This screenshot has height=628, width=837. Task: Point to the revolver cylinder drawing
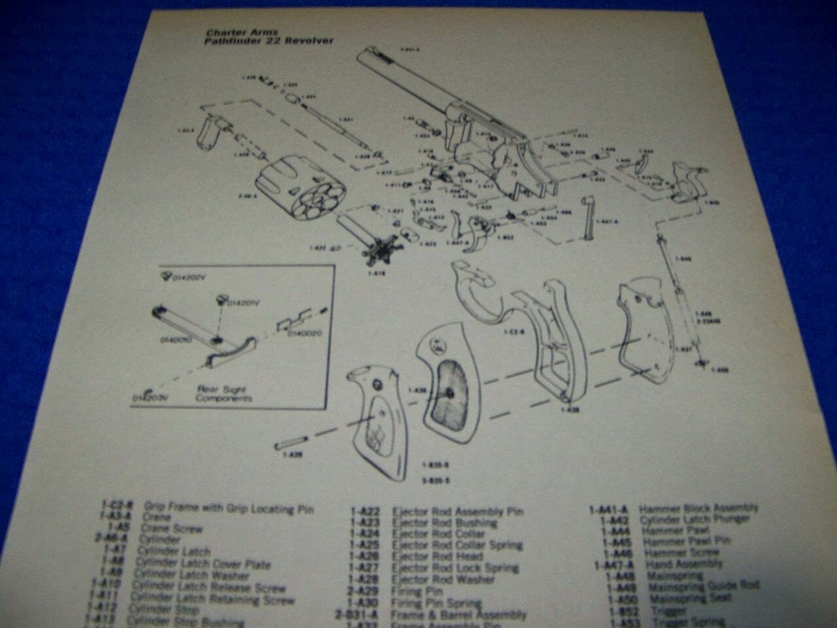pos(300,186)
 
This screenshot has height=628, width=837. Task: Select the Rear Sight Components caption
pos(225,394)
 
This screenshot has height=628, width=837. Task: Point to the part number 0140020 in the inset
pos(305,334)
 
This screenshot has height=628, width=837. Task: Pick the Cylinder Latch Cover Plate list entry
pos(202,564)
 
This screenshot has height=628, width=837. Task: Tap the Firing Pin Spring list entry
pos(436,603)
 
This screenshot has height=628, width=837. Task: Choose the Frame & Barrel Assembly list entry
pos(458,615)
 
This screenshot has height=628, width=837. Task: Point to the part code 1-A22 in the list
pos(363,511)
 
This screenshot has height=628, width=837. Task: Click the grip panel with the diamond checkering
pos(377,419)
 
